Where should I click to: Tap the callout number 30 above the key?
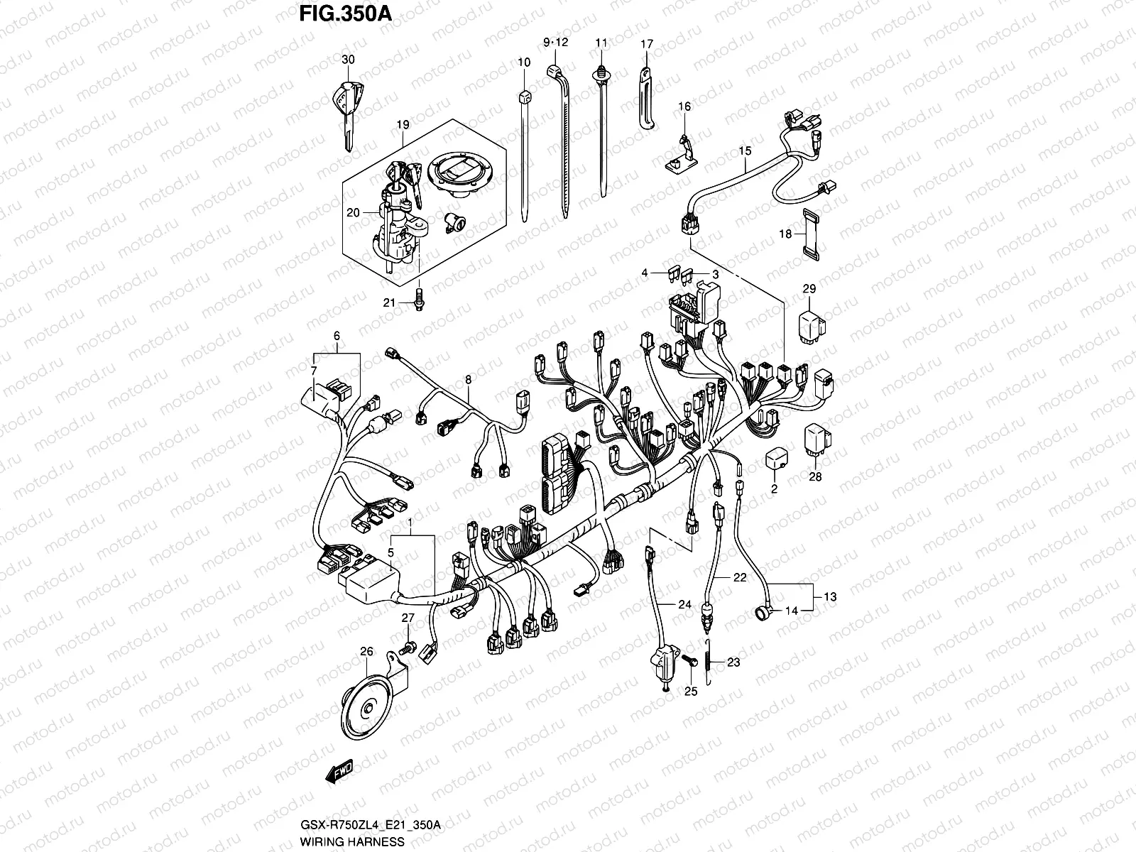pyautogui.click(x=347, y=60)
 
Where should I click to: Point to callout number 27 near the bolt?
pyautogui.click(x=408, y=618)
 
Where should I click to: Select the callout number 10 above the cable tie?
pyautogui.click(x=524, y=62)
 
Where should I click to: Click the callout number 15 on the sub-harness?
pyautogui.click(x=745, y=151)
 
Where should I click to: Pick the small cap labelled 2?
pyautogui.click(x=775, y=460)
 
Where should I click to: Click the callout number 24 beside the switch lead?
pyautogui.click(x=684, y=605)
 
